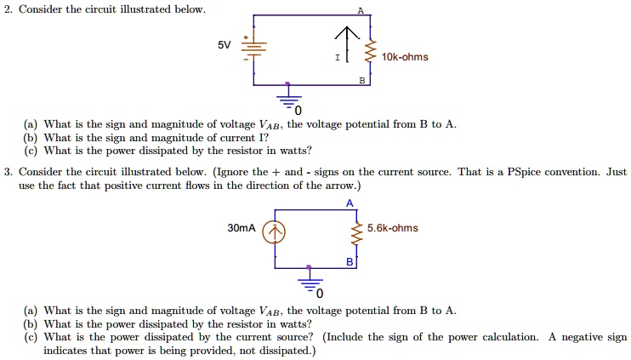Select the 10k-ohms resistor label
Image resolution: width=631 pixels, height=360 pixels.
(406, 57)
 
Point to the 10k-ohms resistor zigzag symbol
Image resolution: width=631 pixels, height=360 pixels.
(368, 56)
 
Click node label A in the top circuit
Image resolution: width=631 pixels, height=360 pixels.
(361, 10)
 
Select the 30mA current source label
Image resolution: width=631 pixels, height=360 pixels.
(243, 228)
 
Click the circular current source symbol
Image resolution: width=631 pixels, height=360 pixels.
(274, 231)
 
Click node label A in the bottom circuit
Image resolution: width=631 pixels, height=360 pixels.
(350, 203)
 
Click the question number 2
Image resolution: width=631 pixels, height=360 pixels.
(7, 9)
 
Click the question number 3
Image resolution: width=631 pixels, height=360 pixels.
(7, 171)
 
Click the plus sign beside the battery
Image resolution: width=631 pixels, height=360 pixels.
(246, 37)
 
